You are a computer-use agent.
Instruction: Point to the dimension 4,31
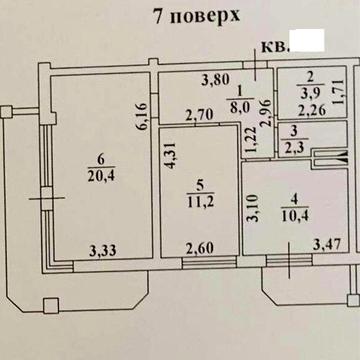[x=170, y=157]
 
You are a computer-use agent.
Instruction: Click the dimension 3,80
[x=212, y=81]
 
